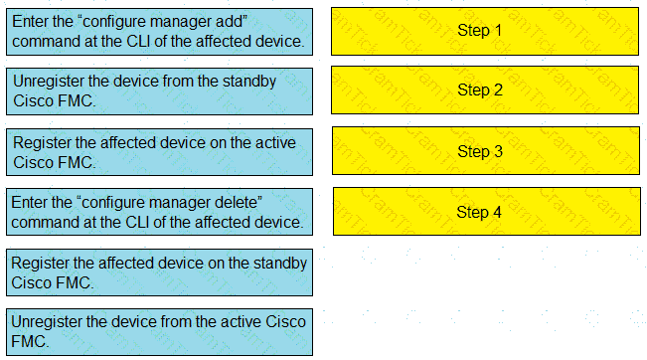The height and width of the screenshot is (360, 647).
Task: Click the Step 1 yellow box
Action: point(485,31)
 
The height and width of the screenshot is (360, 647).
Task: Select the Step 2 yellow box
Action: point(485,90)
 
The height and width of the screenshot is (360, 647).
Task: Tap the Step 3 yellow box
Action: point(486,151)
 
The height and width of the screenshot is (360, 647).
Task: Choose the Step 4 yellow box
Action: point(486,212)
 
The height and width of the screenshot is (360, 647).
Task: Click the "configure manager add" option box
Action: point(159,32)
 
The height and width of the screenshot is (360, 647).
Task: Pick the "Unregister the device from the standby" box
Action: point(159,91)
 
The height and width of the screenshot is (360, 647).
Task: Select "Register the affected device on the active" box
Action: point(159,152)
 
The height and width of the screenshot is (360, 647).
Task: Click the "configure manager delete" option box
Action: point(159,212)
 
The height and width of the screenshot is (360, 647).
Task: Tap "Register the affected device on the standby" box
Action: point(159,272)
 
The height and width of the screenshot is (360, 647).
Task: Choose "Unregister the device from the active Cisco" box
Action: point(159,332)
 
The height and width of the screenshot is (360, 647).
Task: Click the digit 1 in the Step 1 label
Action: point(498,30)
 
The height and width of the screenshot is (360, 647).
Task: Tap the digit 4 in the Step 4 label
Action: point(497,212)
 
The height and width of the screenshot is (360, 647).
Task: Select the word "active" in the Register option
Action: point(275,143)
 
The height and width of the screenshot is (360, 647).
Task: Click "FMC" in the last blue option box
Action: point(28,341)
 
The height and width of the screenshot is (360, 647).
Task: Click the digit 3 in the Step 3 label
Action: point(498,151)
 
